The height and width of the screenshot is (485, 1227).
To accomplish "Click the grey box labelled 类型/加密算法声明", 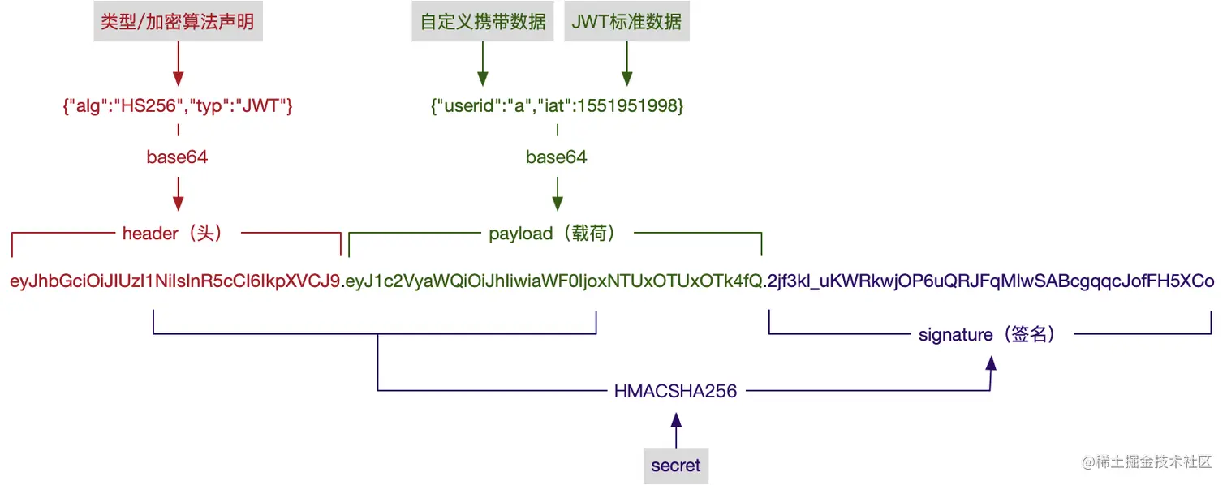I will coord(177,21).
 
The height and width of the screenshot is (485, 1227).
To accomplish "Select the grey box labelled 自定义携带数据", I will coord(483,21).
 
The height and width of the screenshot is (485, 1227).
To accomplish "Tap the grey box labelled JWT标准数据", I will coord(626,21).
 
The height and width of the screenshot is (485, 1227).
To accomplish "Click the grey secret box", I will coord(675,466).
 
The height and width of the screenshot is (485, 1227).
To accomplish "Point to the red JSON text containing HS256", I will coord(177,106).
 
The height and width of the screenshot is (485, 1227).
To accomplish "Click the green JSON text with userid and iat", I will coord(557,106).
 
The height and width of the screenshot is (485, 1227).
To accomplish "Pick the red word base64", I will coord(177,157).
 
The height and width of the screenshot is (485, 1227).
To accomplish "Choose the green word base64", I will coord(557,157).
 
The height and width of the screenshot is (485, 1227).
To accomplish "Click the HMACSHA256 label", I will coord(675,392).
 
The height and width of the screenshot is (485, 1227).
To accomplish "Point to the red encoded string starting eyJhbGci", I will coord(174,282).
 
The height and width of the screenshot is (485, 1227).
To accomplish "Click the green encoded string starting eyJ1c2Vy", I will coord(554,282).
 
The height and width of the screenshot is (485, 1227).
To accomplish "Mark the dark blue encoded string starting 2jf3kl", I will coord(991,282).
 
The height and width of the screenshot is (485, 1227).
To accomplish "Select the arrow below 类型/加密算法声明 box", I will coord(177,65).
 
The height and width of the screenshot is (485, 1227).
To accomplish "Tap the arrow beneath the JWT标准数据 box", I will coord(626,65).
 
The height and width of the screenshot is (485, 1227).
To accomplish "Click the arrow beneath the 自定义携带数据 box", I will coord(483,65).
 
